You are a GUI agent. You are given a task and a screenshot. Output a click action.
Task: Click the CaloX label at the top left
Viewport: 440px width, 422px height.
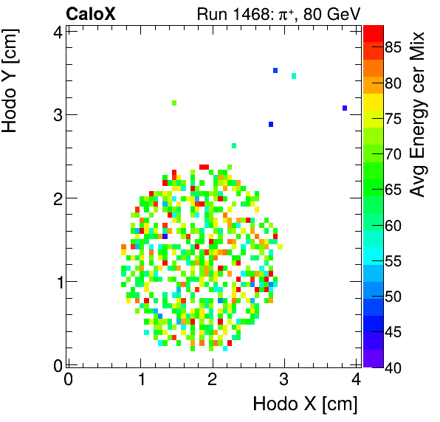pyautogui.click(x=90, y=13)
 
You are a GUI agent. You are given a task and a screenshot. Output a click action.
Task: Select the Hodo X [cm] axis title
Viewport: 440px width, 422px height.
pyautogui.click(x=305, y=404)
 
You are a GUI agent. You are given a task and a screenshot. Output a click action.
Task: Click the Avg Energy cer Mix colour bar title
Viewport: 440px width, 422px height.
pyautogui.click(x=418, y=114)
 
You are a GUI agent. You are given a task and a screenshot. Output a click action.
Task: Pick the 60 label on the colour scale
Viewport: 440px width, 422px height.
pyautogui.click(x=393, y=226)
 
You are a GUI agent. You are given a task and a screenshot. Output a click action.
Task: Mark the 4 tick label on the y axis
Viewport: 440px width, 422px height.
pyautogui.click(x=57, y=31)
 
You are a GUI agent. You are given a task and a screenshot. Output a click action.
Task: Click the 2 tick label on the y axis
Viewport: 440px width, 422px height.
pyautogui.click(x=57, y=198)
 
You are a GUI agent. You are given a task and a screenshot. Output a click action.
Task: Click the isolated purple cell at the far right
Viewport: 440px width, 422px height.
pyautogui.click(x=345, y=108)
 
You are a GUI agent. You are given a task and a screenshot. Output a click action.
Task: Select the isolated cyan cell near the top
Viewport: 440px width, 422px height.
pyautogui.click(x=294, y=76)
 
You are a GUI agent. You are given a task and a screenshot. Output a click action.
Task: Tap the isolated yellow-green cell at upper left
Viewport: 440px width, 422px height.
pyautogui.click(x=174, y=103)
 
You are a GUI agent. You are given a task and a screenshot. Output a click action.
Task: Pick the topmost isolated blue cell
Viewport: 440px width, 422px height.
pyautogui.click(x=275, y=71)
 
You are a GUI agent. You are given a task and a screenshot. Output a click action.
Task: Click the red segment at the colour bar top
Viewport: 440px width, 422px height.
pyautogui.click(x=373, y=31)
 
